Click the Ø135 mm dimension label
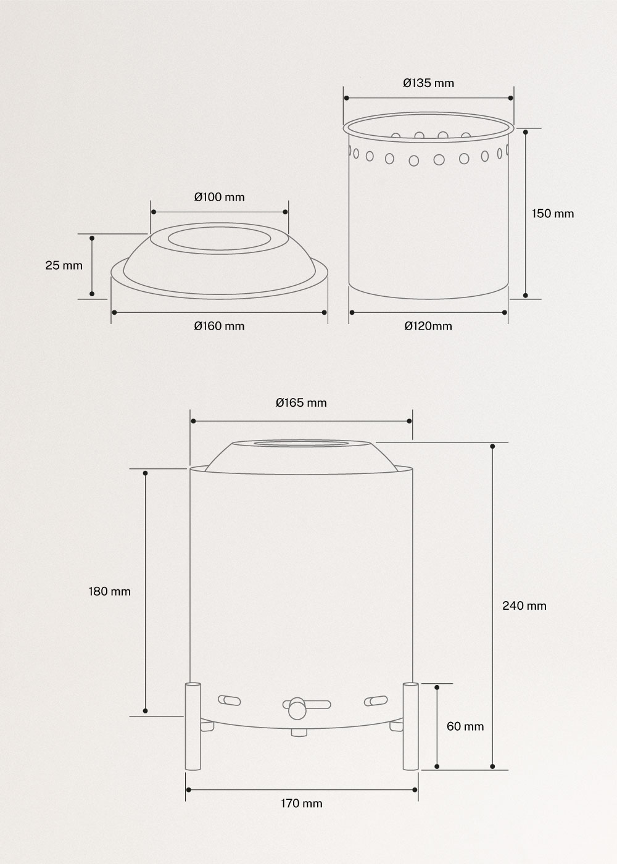coord(428,83)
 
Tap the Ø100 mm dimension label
coord(219,197)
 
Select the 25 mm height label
coord(64,265)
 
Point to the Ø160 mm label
coord(219,326)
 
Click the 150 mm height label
coord(553,214)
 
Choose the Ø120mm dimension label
coord(428,326)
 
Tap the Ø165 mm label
coord(301,403)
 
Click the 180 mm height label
coord(110,591)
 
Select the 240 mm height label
coord(524,605)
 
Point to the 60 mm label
coord(465,726)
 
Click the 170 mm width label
coord(301,803)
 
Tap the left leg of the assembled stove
coord(193,726)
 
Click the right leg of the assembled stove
coord(410,726)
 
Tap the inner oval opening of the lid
coord(219,241)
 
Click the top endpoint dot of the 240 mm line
coord(492,446)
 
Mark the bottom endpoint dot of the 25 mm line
coord(92,294)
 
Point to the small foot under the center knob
coord(299,733)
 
